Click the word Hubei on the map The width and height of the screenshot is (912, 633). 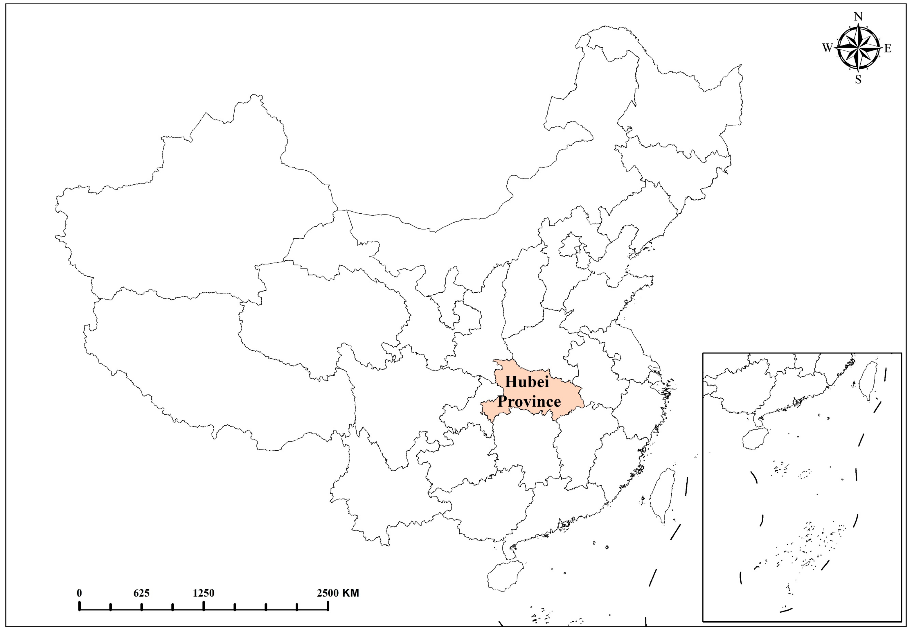(527, 382)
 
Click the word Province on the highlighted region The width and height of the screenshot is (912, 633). (529, 402)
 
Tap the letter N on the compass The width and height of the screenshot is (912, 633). (858, 17)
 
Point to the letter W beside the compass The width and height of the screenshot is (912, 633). (827, 48)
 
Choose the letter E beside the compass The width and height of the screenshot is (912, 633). (888, 48)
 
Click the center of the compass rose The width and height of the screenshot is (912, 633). (858, 48)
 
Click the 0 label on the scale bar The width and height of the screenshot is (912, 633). (79, 593)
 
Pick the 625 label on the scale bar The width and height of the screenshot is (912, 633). (142, 593)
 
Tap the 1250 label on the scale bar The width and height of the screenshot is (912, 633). (203, 593)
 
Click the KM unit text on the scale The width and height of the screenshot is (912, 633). (351, 593)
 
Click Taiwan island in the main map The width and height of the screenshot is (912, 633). (663, 495)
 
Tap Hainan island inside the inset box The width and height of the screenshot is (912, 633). (755, 439)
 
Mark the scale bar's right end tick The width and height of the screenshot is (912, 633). (328, 606)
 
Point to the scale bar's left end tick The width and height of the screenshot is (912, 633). (80, 606)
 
